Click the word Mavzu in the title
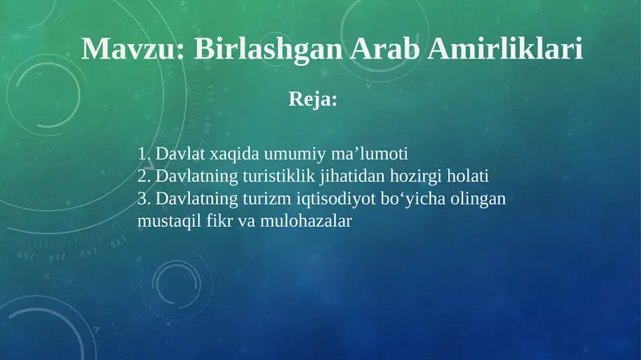(130, 50)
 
